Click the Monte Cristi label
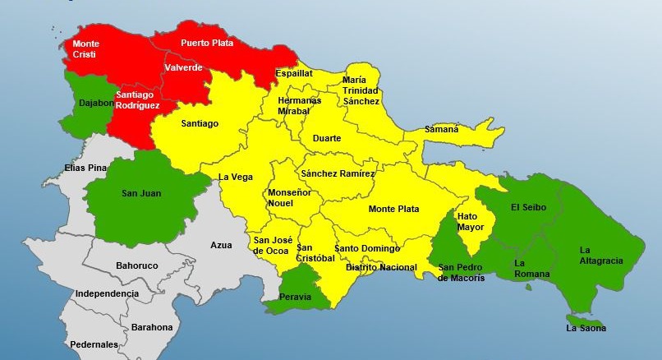click(86, 48)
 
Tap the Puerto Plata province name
click(207, 43)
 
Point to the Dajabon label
click(97, 104)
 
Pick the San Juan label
click(141, 194)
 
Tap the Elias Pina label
click(85, 168)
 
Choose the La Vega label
click(236, 178)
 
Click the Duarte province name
click(327, 139)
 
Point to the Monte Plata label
click(393, 210)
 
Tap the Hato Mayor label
click(471, 221)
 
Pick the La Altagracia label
click(601, 256)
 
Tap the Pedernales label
click(94, 345)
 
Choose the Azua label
click(221, 246)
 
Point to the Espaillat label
click(294, 73)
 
